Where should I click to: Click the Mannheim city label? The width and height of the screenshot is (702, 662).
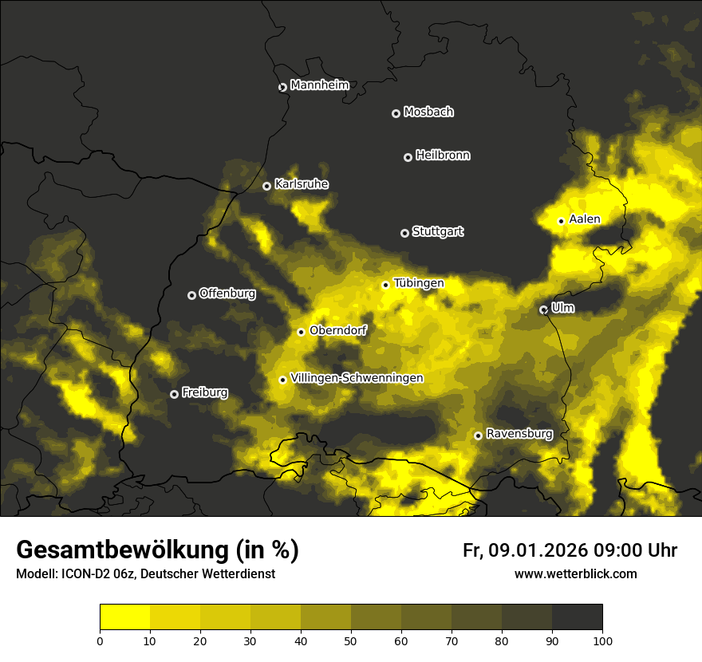pos(319,85)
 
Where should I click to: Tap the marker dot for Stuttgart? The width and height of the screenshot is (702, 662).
pos(404,233)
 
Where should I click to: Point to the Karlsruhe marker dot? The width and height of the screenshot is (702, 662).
pos(266,186)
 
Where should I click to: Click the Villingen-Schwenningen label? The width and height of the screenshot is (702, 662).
pos(357,378)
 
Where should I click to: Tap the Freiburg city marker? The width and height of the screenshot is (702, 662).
pos(174,394)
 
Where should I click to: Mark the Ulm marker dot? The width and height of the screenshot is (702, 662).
pos(543,309)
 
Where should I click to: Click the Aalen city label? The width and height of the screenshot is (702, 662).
pos(584,219)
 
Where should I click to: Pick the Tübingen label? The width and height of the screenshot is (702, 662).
pos(418,283)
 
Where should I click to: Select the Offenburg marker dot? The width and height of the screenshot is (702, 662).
pos(191,295)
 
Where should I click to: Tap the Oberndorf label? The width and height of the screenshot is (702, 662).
pos(337,330)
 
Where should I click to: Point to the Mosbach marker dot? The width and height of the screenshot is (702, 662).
pos(395,113)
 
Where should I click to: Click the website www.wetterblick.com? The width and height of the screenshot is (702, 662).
pos(575,573)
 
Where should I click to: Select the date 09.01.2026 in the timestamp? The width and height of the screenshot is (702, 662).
pos(538,550)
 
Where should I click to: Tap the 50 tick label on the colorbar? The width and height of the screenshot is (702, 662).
pos(351,640)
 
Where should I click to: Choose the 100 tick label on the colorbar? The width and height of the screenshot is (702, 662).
pos(602,640)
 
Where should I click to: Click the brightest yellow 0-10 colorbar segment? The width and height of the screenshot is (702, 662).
pos(124,617)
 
